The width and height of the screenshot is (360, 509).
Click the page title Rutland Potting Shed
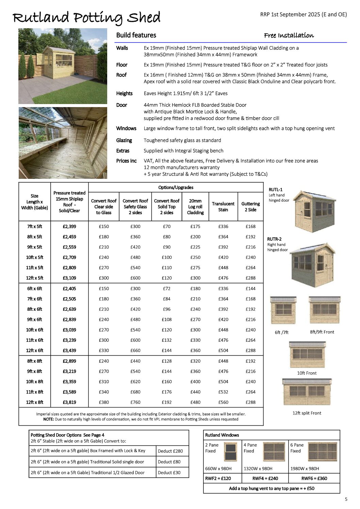[x=86, y=18]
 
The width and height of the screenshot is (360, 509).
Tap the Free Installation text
[x=289, y=35]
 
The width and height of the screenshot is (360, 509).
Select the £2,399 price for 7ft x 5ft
[x=69, y=226]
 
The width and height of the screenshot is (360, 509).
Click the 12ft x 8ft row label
[x=35, y=402]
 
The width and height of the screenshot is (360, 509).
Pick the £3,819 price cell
[x=69, y=402]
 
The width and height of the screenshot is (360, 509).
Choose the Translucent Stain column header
[x=223, y=207]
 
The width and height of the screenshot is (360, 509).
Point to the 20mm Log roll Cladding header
[x=195, y=207]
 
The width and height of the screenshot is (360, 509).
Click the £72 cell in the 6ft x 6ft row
[x=167, y=289]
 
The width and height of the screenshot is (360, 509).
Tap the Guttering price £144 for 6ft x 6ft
[x=250, y=289]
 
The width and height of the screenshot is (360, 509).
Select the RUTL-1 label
[x=276, y=190]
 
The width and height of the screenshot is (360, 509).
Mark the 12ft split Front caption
[x=307, y=413]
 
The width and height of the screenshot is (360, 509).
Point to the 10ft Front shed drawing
[x=307, y=355]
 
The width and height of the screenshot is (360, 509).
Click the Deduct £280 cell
[x=170, y=451]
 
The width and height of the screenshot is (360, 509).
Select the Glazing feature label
[x=124, y=140]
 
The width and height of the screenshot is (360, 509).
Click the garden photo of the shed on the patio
[x=63, y=66]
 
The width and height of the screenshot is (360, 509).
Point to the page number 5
[x=346, y=499]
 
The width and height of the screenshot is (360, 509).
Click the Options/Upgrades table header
[x=176, y=187]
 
